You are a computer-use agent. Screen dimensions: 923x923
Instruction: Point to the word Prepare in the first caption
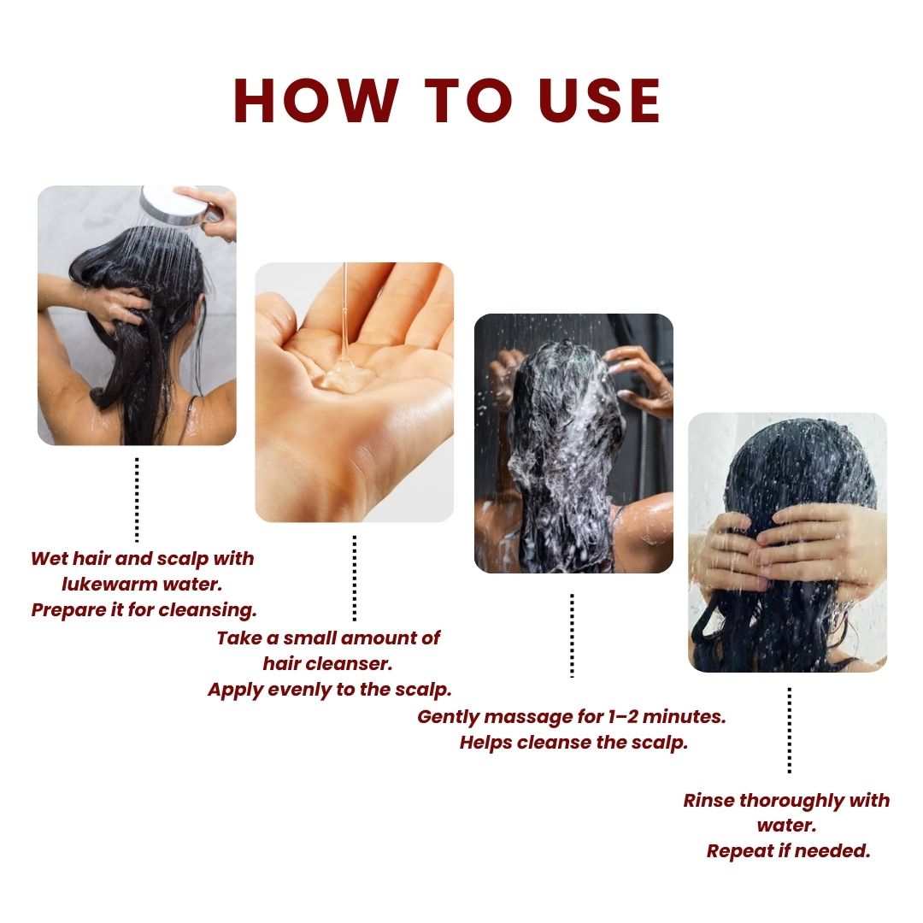[68, 610]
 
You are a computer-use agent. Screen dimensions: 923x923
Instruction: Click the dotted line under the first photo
[137, 499]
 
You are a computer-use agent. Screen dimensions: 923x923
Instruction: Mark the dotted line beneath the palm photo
[354, 578]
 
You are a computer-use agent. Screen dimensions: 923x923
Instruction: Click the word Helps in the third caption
[485, 742]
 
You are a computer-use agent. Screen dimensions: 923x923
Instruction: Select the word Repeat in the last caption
[738, 852]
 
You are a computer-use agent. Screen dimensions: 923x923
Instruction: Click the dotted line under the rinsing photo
[789, 730]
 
